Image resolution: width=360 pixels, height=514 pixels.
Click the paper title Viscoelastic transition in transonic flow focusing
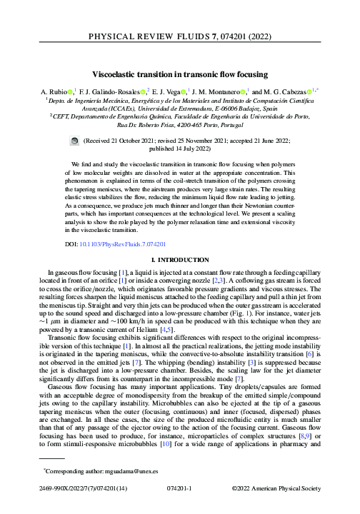pos(179,74)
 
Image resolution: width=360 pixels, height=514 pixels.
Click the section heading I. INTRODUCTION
pos(179,262)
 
